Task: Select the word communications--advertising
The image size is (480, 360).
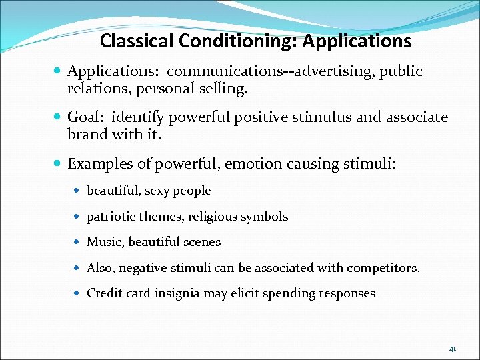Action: pos(271,71)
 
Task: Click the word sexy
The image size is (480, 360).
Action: pos(157,191)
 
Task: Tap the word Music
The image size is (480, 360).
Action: pos(105,242)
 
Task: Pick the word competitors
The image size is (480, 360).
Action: pos(389,268)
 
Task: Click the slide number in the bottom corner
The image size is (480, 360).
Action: pos(452,348)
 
